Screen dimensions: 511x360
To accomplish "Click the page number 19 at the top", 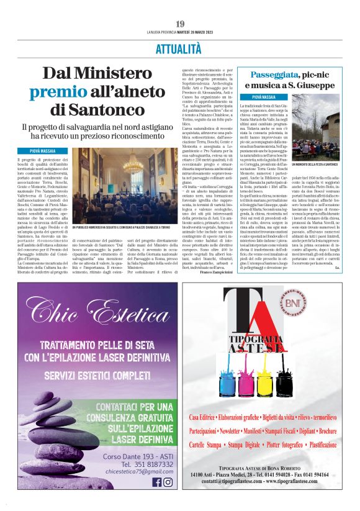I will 180,24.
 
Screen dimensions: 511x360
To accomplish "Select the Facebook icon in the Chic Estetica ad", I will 156,482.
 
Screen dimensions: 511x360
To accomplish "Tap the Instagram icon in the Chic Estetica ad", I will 168,482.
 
